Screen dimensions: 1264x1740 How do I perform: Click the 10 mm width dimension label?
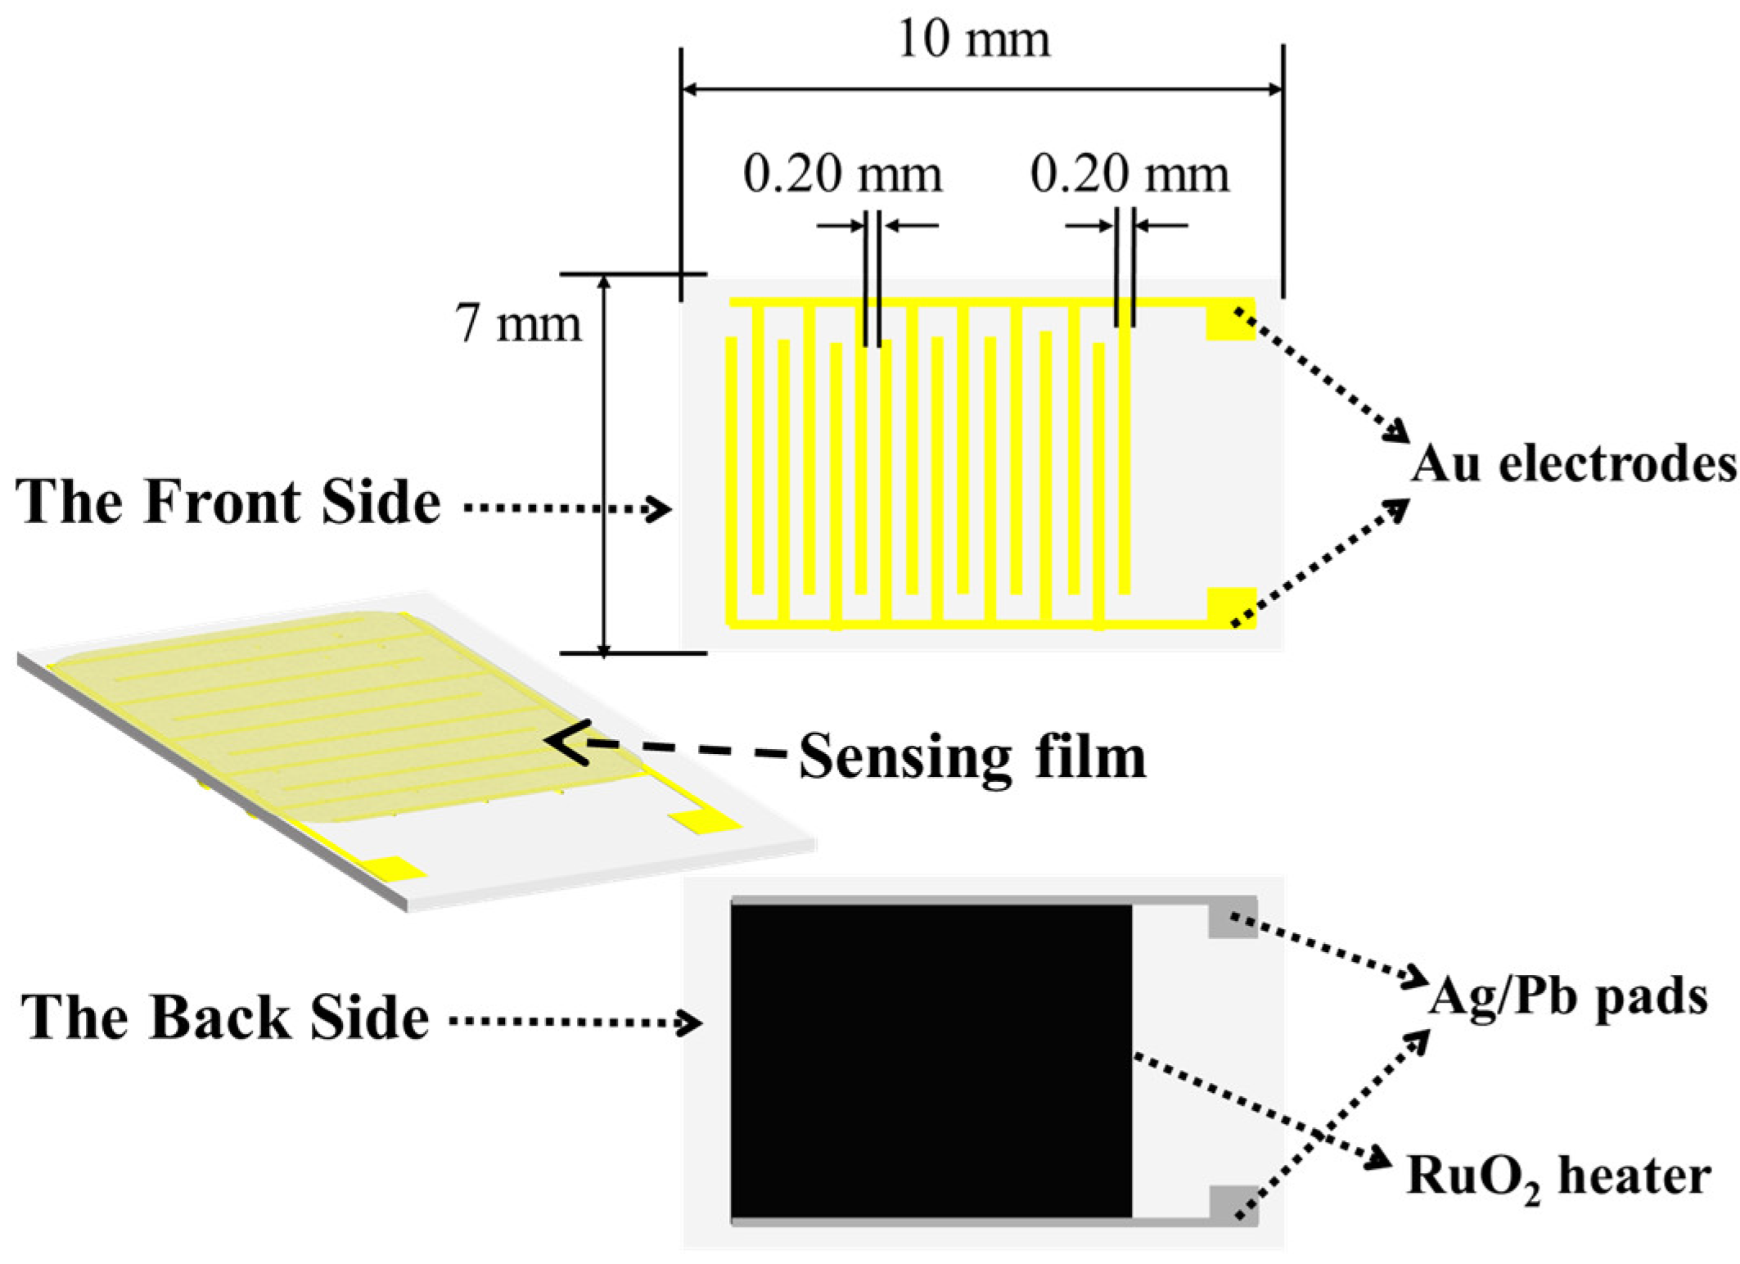(973, 38)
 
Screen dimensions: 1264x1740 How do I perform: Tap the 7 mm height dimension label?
(518, 323)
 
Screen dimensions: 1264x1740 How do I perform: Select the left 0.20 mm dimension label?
(842, 174)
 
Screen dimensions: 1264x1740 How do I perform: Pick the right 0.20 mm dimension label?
(1129, 174)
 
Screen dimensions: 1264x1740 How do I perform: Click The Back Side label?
(225, 1018)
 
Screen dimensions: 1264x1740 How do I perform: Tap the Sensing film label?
(972, 757)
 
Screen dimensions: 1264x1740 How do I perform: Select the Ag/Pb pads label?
(1568, 998)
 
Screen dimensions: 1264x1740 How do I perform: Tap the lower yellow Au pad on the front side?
(1231, 607)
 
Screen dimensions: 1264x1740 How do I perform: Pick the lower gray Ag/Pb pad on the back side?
(1233, 1204)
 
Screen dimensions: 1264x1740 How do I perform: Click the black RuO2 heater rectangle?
(931, 1061)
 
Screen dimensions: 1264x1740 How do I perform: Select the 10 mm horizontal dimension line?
(981, 88)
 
